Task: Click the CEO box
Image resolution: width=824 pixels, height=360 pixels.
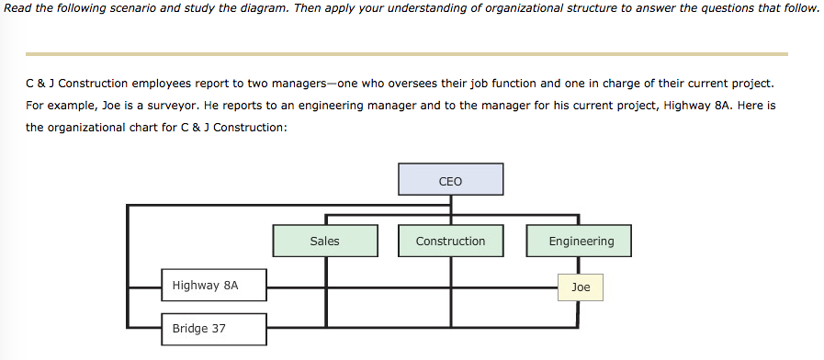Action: coord(450,179)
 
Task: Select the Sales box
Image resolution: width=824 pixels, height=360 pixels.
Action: coord(324,241)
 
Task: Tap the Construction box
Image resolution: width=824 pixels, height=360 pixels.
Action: coord(450,241)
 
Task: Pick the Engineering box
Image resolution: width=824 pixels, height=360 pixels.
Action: coord(581,241)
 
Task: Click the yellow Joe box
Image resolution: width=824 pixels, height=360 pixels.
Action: coord(581,287)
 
